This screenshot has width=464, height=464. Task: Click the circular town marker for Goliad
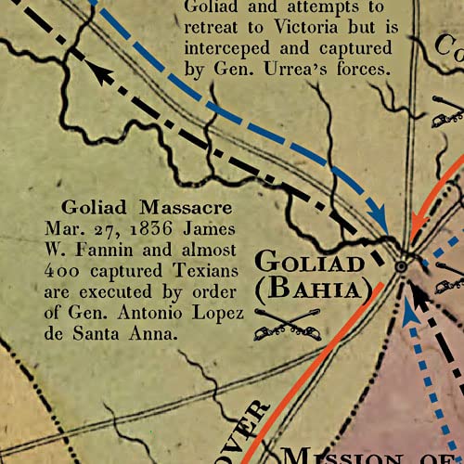point(401,266)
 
